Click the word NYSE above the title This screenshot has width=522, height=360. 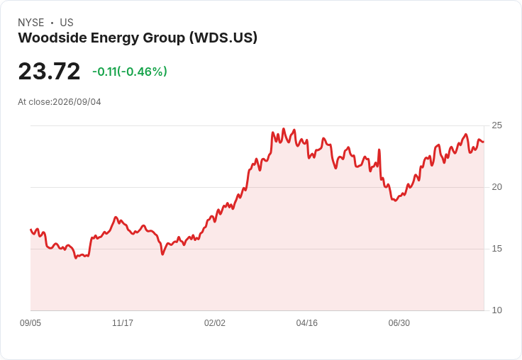31,23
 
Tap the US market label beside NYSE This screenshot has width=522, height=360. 67,23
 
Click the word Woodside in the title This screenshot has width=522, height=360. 52,38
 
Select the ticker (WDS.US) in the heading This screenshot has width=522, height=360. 223,38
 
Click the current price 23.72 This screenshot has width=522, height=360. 49,71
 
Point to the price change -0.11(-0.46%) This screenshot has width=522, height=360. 130,72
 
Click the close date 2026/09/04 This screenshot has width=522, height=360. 77,102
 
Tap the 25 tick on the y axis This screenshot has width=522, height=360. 496,125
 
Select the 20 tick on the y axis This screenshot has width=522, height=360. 496,187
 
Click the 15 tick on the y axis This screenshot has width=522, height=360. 496,249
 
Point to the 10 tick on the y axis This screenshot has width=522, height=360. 496,310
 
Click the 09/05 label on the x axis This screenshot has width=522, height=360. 30,323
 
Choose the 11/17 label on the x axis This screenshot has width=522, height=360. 123,323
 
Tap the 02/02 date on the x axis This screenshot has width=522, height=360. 215,323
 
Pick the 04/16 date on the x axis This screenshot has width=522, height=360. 307,323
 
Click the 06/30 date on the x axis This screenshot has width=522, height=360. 399,323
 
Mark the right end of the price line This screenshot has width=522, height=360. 484,142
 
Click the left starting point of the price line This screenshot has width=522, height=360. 31,230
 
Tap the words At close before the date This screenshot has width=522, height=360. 34,102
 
